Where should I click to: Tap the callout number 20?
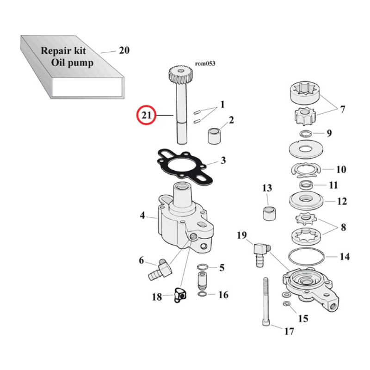[124, 50]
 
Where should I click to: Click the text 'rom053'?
[205, 64]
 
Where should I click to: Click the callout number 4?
[143, 215]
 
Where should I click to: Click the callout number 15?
[303, 319]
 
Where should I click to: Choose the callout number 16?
[223, 295]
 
